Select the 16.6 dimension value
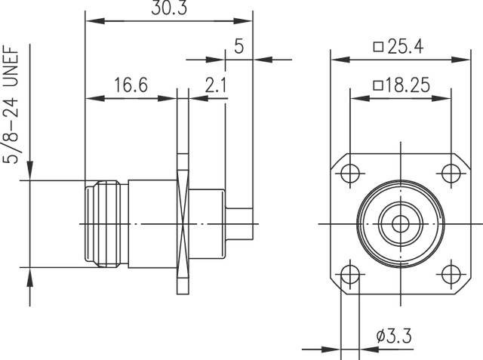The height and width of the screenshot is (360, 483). [131, 85]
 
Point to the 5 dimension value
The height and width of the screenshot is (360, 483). [239, 47]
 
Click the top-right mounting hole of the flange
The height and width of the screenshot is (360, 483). [451, 172]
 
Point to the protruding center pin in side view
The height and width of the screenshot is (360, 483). [239, 223]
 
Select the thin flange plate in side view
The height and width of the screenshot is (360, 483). [181, 223]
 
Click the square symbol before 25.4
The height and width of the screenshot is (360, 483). [377, 47]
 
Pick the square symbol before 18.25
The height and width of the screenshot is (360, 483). [377, 85]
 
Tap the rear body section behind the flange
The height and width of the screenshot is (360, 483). [206, 223]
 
